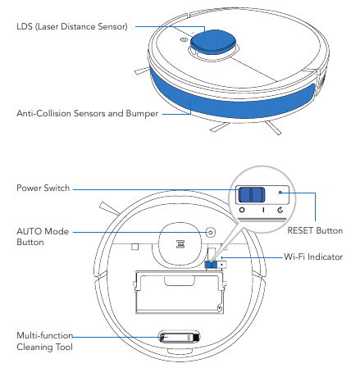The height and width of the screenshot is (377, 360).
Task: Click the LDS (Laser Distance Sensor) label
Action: [72, 27]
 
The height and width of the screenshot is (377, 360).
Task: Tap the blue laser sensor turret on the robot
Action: [213, 41]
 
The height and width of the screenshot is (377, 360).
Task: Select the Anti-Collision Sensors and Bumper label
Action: [88, 113]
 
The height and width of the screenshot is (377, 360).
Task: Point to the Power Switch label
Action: [43, 188]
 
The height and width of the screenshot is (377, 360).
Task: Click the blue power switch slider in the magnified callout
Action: [252, 194]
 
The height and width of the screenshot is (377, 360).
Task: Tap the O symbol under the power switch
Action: [242, 210]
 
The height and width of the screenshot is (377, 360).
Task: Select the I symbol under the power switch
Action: [263, 210]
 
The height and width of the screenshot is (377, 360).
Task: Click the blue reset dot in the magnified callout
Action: [280, 193]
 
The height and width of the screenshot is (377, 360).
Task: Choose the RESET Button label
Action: [315, 230]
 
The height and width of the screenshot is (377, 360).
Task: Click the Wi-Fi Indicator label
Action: [313, 257]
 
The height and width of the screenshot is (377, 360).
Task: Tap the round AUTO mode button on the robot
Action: [210, 233]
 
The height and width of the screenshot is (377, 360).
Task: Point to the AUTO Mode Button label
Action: [43, 237]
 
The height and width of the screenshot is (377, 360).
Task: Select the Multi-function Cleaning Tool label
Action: [45, 341]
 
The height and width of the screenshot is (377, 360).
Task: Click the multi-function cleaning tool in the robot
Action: [180, 338]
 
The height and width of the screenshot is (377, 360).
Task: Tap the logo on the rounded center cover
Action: [180, 244]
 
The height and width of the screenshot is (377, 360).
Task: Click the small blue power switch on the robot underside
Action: [211, 265]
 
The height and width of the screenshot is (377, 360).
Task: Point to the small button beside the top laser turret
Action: [184, 40]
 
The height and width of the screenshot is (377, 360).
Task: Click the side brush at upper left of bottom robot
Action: [110, 209]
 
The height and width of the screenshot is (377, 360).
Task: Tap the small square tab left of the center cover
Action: [135, 247]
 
